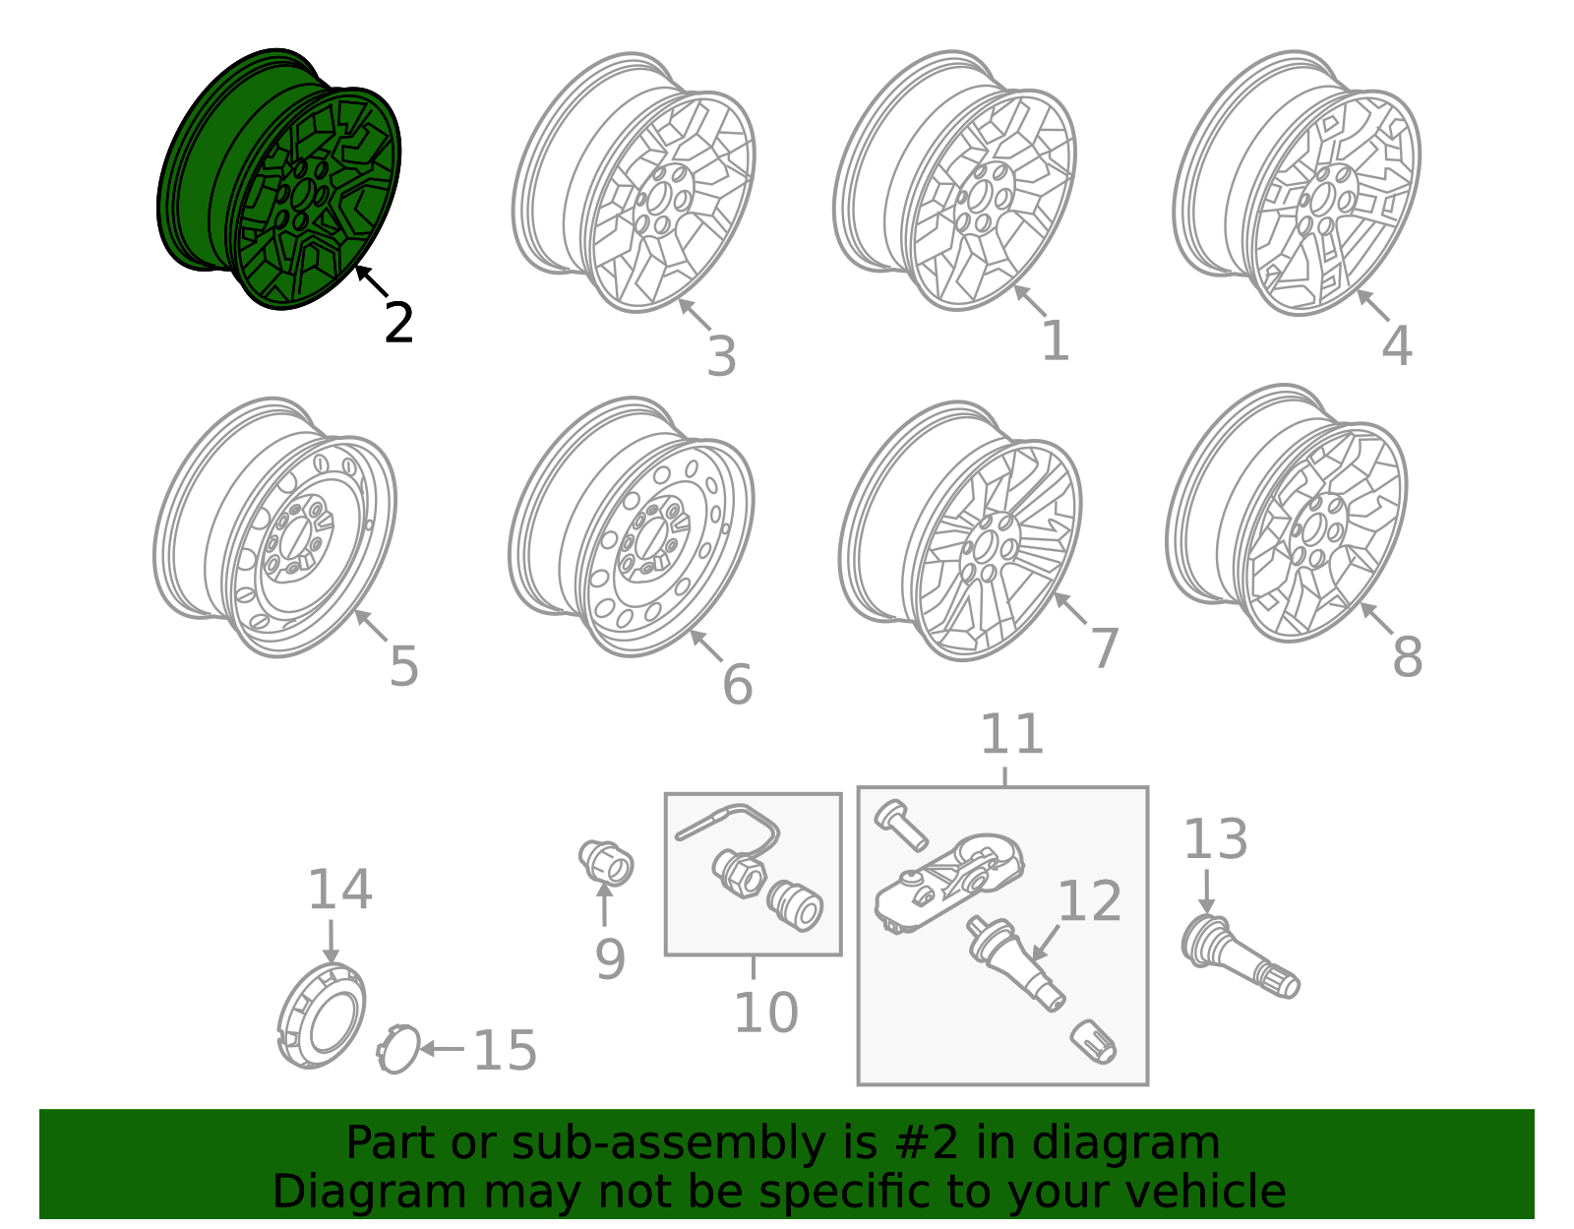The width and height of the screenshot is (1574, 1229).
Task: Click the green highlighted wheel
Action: pos(278,179)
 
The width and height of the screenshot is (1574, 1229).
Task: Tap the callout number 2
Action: pos(398,323)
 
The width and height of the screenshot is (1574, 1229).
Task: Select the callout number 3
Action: pos(721,356)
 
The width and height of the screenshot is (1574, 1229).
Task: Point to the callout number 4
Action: pos(1397,345)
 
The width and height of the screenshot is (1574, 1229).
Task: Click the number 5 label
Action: pos(403,665)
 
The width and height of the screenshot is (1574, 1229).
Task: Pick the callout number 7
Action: pos(1105,647)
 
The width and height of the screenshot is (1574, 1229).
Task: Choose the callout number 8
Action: pos(1407,656)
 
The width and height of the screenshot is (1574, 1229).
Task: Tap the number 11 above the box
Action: pos(1012,734)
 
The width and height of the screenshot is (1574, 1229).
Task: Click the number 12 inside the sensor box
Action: pos(1089,901)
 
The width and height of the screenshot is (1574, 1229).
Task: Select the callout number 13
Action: pos(1216,838)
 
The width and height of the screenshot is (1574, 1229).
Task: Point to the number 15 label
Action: pos(505,1049)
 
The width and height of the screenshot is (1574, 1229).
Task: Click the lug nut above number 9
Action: pos(606,863)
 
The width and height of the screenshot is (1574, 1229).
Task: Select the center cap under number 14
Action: pos(322,1015)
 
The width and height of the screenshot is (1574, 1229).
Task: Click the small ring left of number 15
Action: pos(397,1049)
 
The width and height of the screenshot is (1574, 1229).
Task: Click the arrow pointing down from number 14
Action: pos(331,942)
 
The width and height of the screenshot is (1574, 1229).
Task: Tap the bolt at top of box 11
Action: pos(900,825)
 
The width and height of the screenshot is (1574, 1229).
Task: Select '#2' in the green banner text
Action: pos(927,1142)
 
